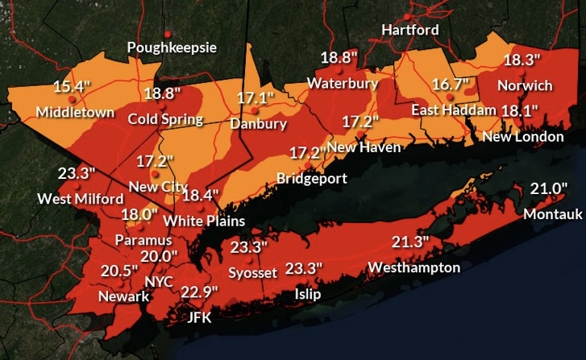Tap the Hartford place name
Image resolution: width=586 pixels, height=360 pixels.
click(410, 30)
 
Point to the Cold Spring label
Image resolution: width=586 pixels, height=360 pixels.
click(165, 119)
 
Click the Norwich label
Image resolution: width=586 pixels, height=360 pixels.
click(525, 85)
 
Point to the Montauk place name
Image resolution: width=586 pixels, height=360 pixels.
click(551, 214)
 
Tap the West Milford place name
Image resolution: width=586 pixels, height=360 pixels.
click(80, 198)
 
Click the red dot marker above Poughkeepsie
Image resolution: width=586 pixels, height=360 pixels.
click(168, 33)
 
